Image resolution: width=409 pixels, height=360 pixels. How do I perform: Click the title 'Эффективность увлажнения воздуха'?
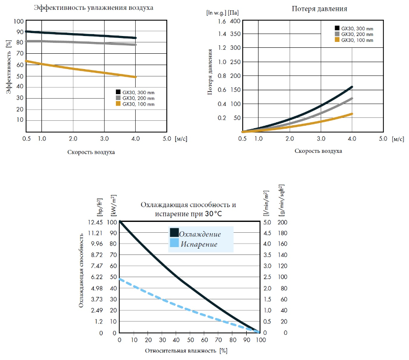[x=93, y=8]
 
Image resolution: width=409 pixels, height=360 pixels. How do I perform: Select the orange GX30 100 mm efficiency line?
[x=79, y=68]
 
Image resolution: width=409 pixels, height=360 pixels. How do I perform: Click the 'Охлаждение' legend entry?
[x=200, y=234]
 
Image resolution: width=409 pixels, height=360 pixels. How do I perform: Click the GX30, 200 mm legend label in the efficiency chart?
[x=138, y=98]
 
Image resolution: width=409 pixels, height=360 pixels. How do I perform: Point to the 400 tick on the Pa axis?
[x=235, y=21]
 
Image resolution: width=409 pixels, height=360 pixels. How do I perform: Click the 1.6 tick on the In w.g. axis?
[x=218, y=21]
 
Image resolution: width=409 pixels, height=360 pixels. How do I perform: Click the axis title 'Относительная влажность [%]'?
[x=186, y=351]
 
